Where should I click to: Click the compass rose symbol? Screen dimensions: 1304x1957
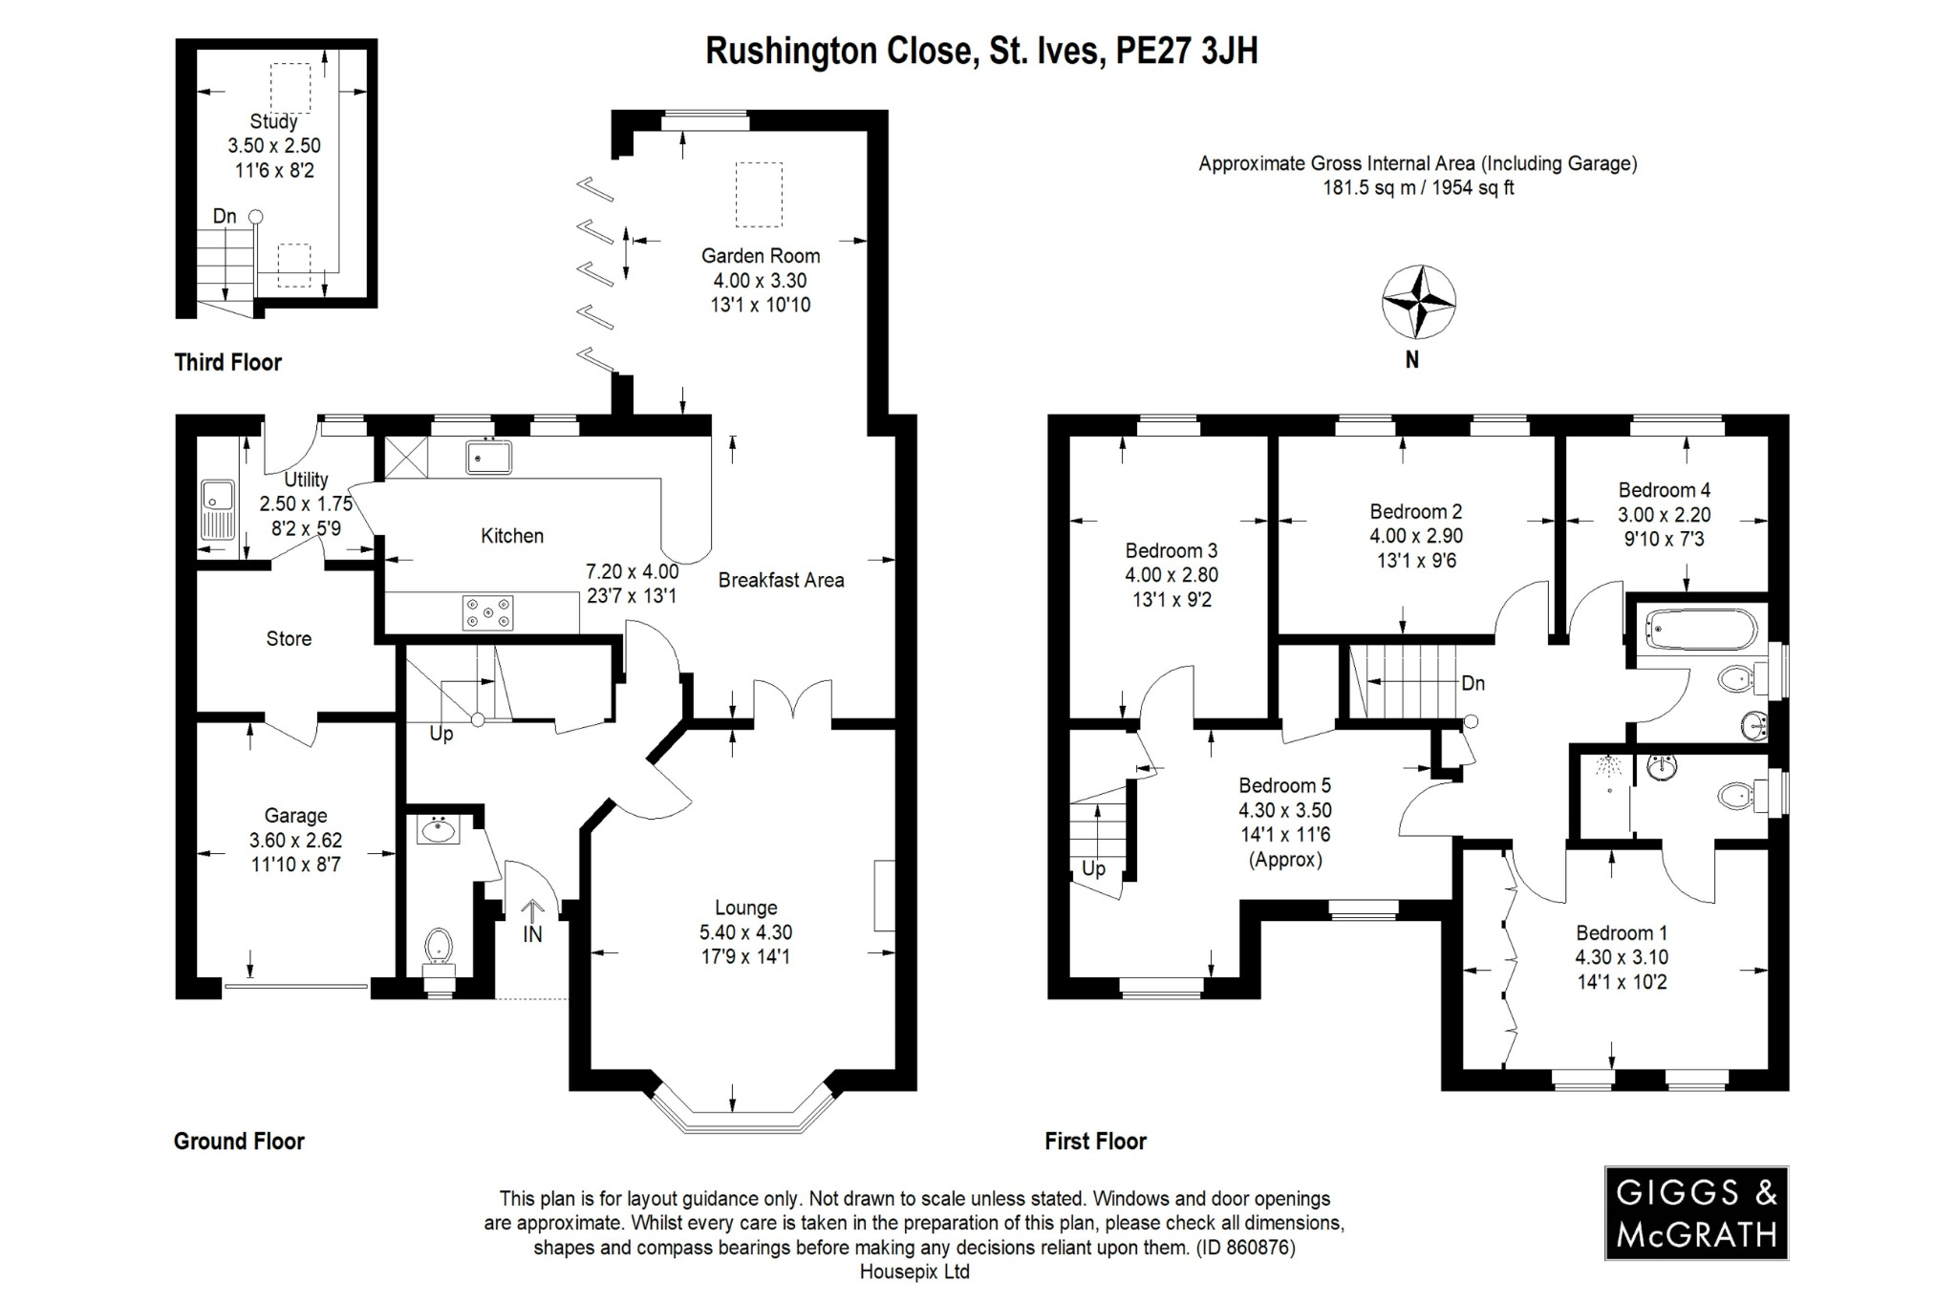click(1419, 303)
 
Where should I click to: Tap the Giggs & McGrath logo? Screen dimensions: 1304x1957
click(1695, 1212)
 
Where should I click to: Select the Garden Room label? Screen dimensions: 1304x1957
click(761, 256)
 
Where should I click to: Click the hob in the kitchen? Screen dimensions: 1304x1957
click(487, 612)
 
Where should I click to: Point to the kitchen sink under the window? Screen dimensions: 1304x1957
click(488, 457)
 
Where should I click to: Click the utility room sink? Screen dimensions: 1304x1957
click(217, 510)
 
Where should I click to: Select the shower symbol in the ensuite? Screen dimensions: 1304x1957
click(1608, 767)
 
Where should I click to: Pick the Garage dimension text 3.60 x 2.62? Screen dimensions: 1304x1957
click(295, 841)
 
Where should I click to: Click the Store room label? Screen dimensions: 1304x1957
click(289, 639)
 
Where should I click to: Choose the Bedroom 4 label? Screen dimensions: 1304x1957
click(1664, 490)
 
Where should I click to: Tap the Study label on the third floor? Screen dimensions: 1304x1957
click(273, 121)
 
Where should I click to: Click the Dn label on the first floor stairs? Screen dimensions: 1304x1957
click(1473, 683)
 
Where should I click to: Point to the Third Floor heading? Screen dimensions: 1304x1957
click(227, 362)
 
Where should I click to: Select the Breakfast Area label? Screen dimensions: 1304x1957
click(781, 580)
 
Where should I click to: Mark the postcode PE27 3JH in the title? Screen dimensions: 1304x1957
click(1187, 51)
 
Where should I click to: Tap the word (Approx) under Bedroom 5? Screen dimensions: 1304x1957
click(1285, 860)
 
